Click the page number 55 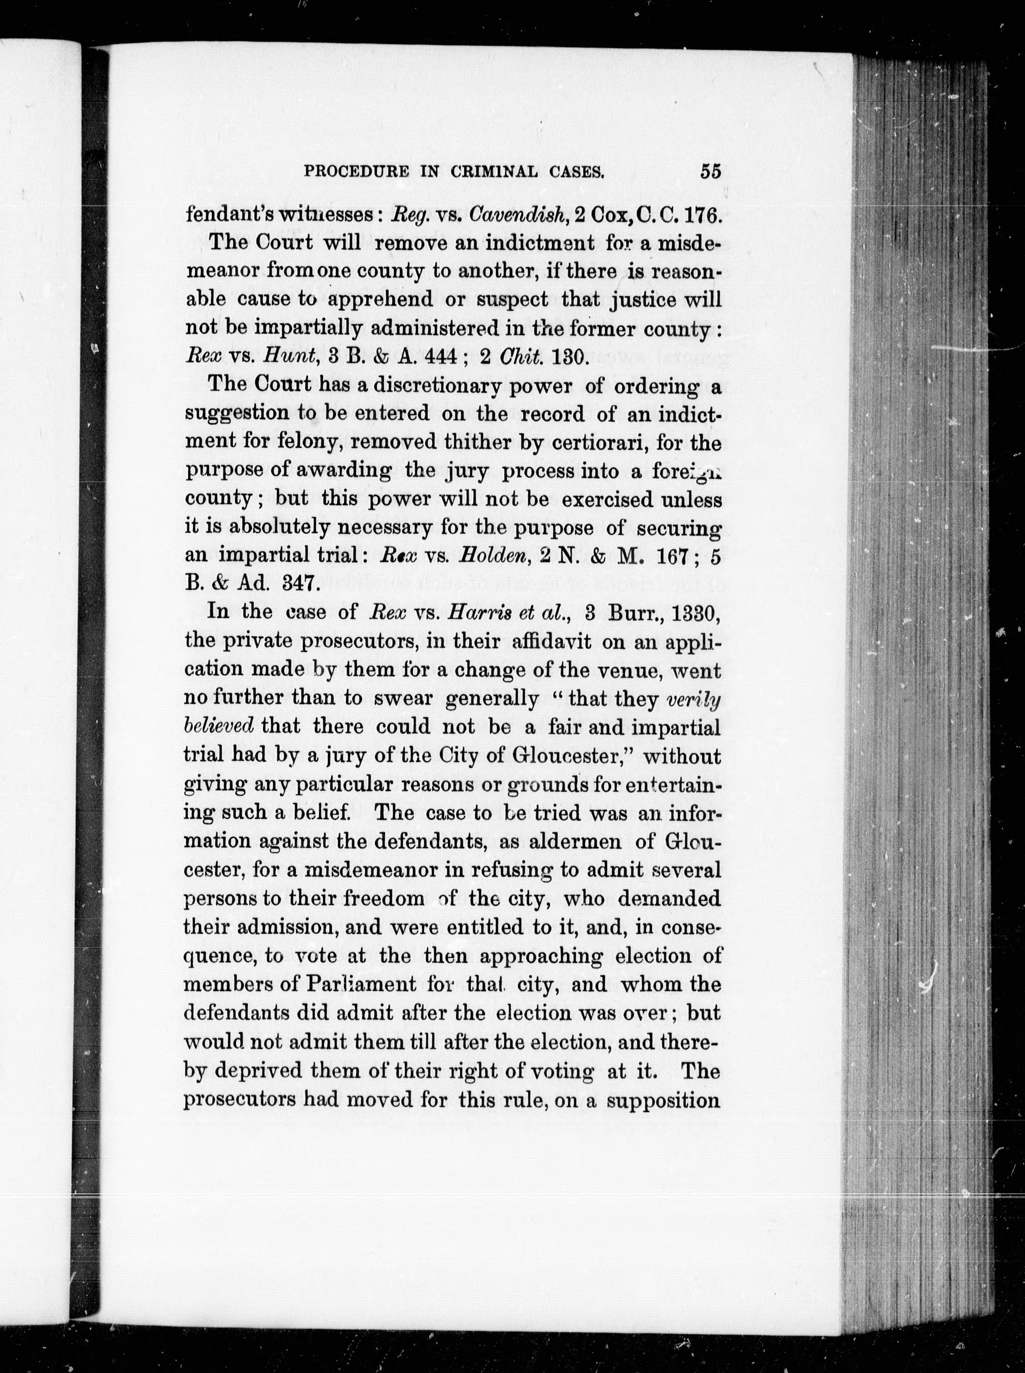(x=710, y=171)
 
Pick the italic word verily (x=692, y=699)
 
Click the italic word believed (x=219, y=725)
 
